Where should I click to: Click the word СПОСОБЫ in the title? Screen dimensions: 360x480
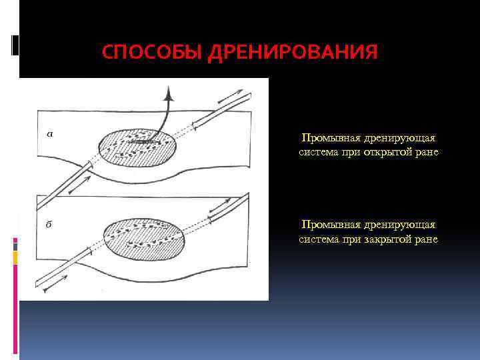152,52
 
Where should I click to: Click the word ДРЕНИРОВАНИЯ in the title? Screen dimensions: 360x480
293,52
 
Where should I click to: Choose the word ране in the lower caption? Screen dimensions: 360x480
427,239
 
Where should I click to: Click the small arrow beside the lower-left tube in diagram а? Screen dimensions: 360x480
78,189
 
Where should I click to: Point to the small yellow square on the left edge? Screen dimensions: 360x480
15,257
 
